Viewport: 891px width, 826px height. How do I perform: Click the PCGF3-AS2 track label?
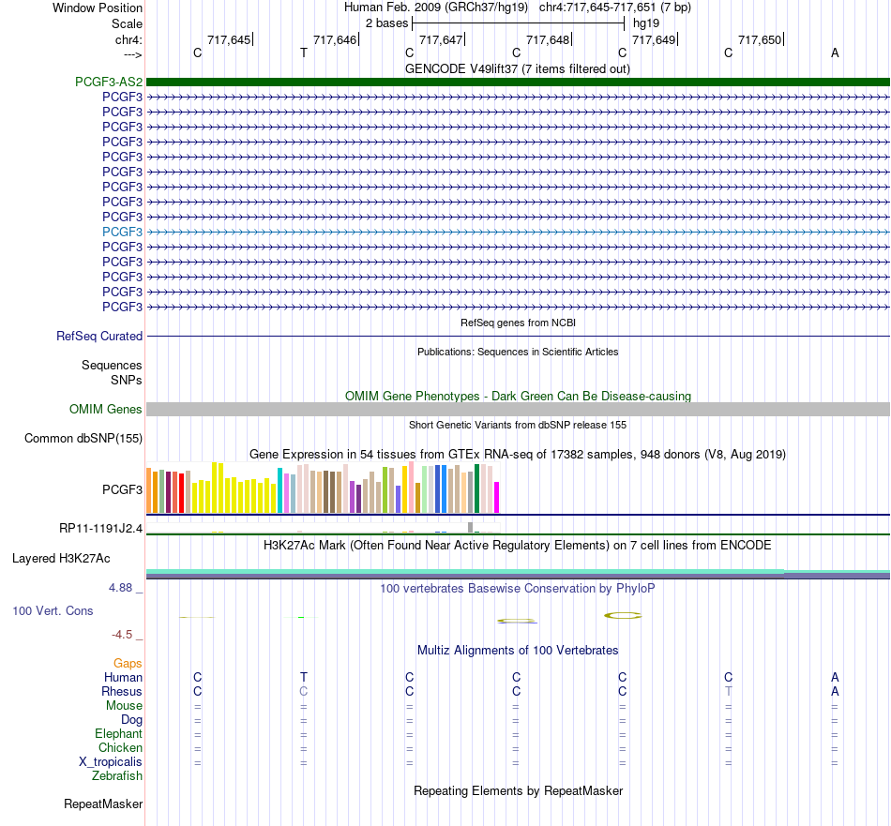tap(109, 82)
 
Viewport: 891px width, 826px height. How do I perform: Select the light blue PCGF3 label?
tap(122, 232)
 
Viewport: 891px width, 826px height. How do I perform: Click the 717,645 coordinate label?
tap(229, 39)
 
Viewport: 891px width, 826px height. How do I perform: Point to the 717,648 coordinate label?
tap(547, 39)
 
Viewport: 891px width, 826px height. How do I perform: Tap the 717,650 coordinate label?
tap(760, 39)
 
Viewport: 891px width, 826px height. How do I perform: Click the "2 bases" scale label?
tap(386, 23)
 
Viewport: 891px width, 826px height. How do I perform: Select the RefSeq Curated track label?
tap(99, 337)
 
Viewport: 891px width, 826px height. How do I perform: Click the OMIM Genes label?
tap(106, 409)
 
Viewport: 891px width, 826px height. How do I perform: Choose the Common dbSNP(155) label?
tap(83, 439)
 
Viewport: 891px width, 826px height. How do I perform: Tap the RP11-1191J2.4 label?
tap(100, 529)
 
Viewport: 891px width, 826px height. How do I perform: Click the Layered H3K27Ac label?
tap(61, 559)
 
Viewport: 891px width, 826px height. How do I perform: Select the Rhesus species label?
tap(122, 691)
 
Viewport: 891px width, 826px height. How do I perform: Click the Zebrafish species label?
tap(117, 776)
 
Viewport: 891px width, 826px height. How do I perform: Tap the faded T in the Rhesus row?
tap(729, 691)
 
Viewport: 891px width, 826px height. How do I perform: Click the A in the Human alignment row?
tap(835, 677)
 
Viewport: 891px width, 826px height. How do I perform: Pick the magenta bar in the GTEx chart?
tap(497, 498)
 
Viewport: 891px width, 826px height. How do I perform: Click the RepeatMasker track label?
tap(103, 803)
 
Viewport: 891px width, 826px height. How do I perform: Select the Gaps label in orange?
tap(128, 664)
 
